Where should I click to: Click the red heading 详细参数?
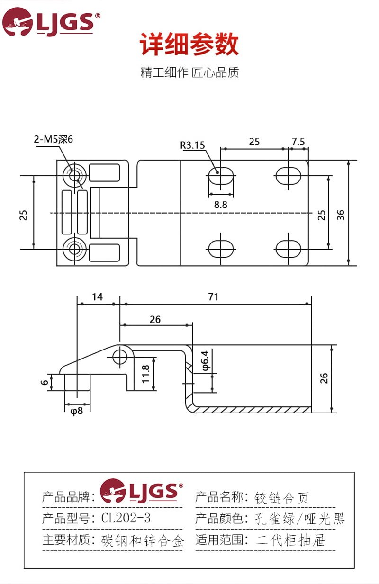[x=189, y=44]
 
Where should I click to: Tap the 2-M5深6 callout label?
[x=53, y=139]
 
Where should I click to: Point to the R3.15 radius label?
[x=192, y=145]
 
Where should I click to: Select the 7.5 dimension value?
[x=298, y=142]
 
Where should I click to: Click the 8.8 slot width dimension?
[x=221, y=205]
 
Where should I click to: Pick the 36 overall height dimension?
[x=341, y=215]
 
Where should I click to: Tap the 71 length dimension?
[x=213, y=296]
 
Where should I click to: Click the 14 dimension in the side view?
[x=97, y=296]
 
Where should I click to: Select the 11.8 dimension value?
[x=145, y=374]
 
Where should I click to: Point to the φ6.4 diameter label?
[x=205, y=360]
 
